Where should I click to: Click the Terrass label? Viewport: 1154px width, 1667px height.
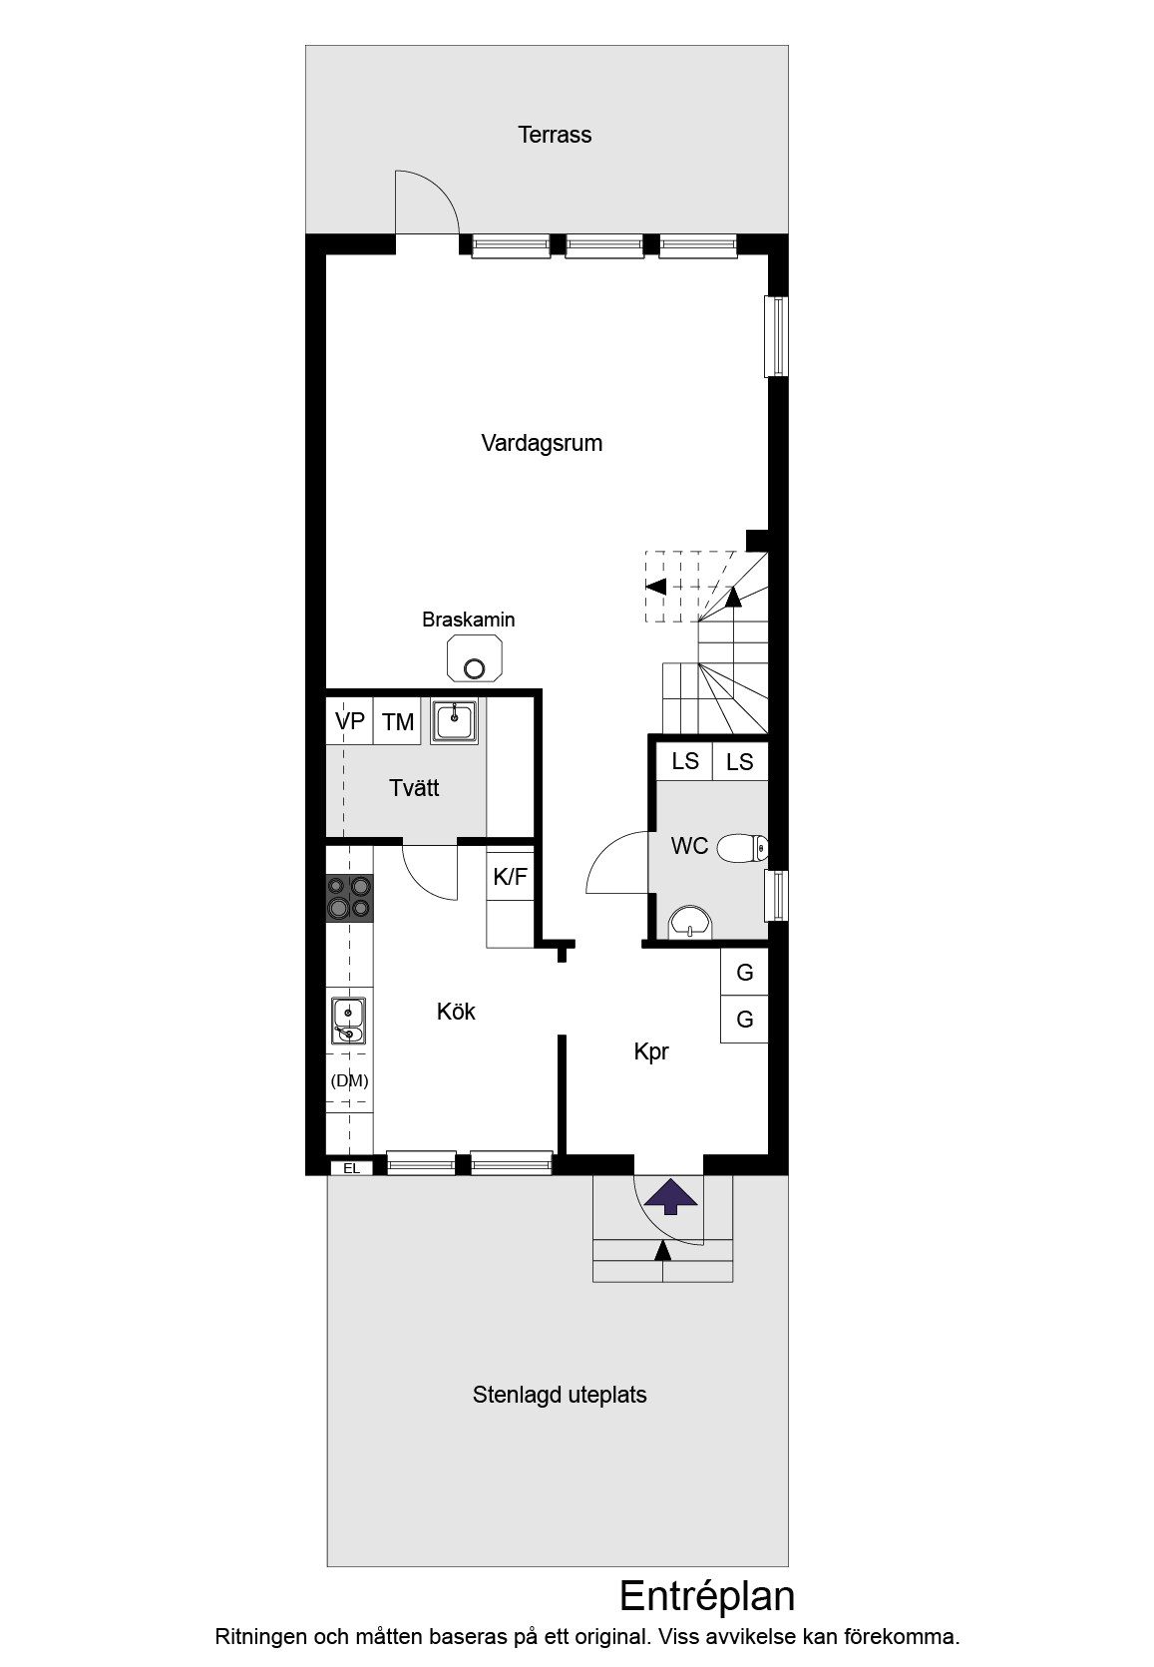pos(555,135)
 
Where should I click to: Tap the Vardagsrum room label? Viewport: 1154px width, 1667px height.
pos(542,443)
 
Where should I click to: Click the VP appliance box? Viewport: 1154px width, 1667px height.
pos(350,721)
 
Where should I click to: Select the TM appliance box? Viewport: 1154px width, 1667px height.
pos(397,721)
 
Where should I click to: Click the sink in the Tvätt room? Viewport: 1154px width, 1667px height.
pos(454,720)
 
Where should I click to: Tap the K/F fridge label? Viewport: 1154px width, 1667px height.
pos(510,877)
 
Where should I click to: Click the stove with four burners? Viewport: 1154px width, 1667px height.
pos(350,898)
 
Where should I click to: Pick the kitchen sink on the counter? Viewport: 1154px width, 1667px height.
pos(348,1021)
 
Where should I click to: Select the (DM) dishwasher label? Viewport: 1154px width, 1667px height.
pos(350,1080)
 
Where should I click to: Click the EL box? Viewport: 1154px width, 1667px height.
pos(351,1168)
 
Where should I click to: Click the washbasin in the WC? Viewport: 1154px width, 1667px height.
pos(690,923)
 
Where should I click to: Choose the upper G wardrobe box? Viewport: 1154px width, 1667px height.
pos(744,972)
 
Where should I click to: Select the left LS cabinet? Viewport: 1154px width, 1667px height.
pos(684,760)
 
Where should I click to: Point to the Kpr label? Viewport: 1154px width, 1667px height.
pos(651,1051)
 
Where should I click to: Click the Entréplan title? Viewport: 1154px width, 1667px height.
pos(707,1595)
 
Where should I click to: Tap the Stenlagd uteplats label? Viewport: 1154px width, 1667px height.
pos(560,1395)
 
